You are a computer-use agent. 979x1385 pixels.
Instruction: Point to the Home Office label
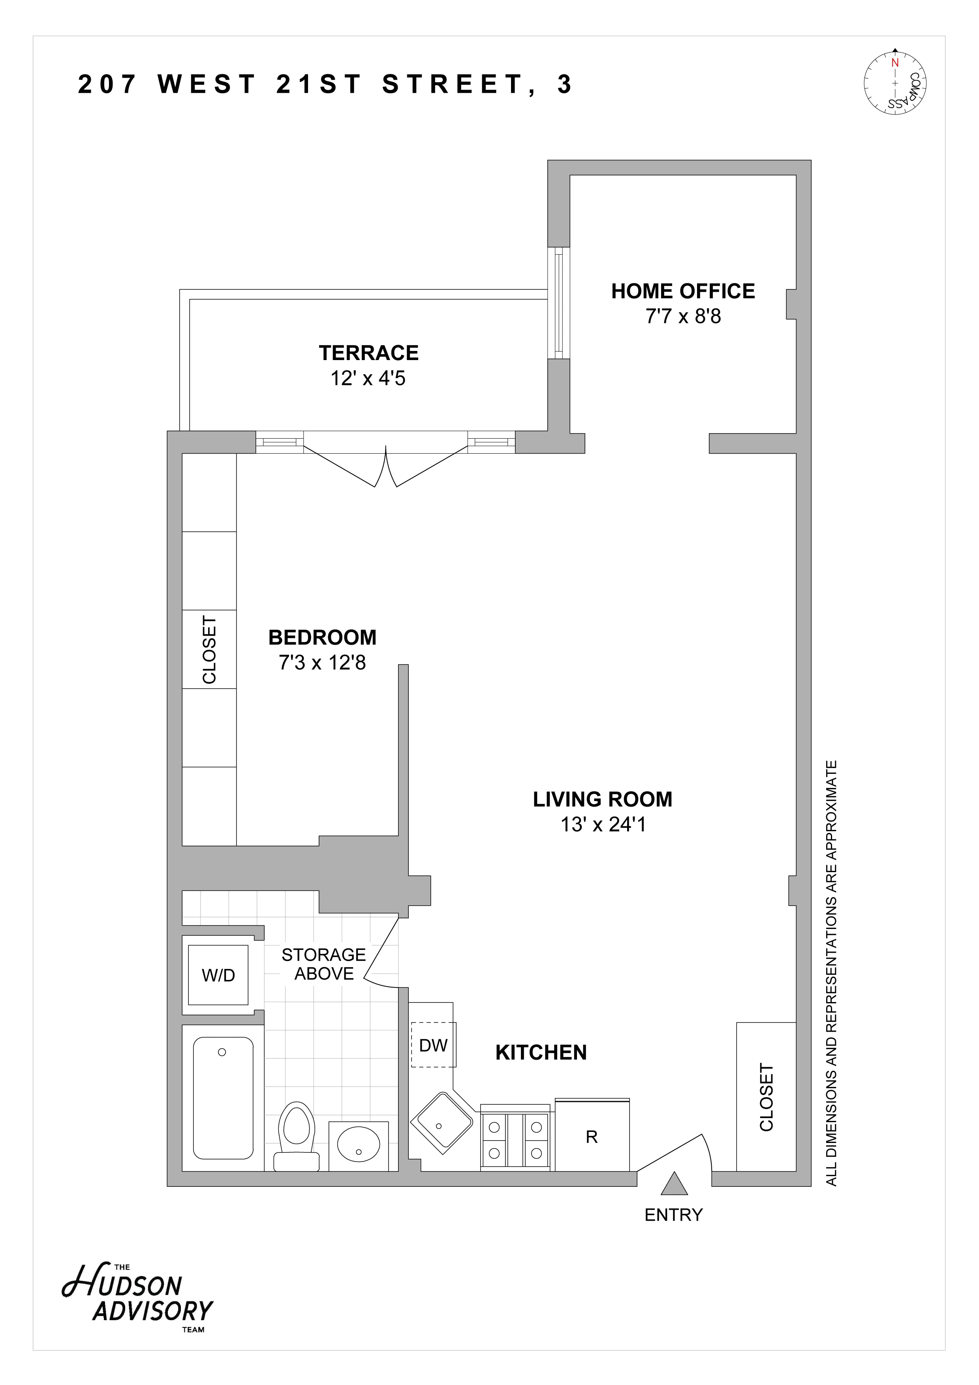point(683,291)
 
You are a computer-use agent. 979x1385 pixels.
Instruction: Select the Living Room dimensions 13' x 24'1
point(603,824)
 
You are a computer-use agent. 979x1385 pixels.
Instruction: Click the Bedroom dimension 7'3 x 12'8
point(322,662)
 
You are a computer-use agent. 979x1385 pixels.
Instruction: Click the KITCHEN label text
point(541,1053)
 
